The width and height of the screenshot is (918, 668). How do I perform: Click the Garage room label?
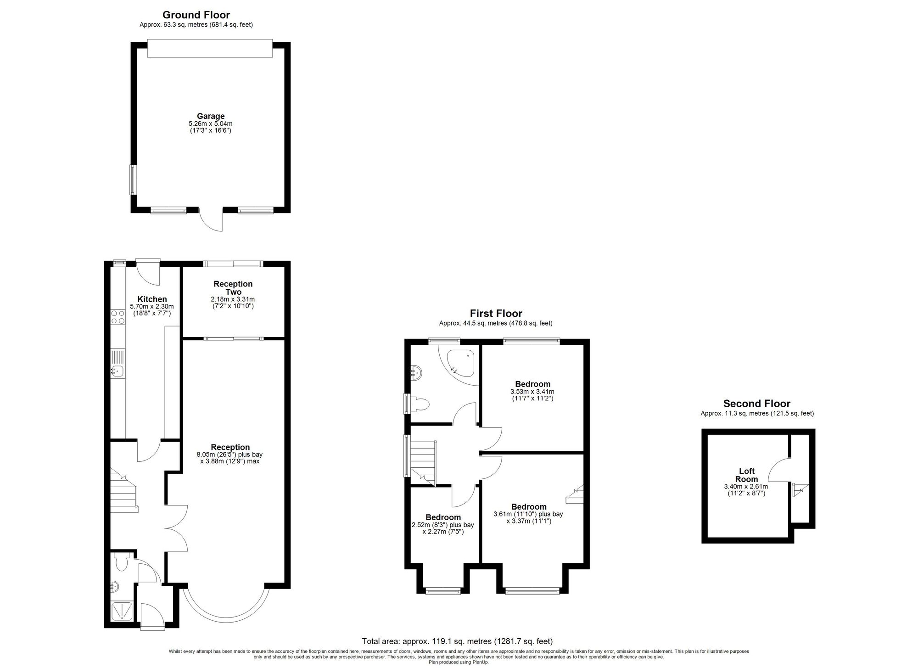[x=211, y=116]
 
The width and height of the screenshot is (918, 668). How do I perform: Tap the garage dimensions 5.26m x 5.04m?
[x=211, y=123]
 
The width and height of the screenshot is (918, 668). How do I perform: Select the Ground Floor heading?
[x=196, y=15]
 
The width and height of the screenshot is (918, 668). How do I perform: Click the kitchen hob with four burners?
[x=118, y=317]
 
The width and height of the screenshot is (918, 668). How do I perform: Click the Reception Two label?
[x=233, y=288]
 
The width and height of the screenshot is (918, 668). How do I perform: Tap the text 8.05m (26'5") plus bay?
[x=229, y=455]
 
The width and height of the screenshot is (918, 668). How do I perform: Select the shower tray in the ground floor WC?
[x=123, y=611]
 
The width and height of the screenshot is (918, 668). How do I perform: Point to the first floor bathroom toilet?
[x=421, y=404]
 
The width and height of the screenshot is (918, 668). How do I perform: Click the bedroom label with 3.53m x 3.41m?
[x=532, y=384]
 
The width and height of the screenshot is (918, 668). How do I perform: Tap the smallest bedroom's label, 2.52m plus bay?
[x=443, y=517]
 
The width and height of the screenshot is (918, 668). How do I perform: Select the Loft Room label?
[x=746, y=475]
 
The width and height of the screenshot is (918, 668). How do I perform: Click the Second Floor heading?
[x=757, y=404]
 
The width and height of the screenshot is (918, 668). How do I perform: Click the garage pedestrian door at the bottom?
[x=212, y=219]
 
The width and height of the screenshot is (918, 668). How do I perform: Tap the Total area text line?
[x=457, y=641]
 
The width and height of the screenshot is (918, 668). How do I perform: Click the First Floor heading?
[x=496, y=314]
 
